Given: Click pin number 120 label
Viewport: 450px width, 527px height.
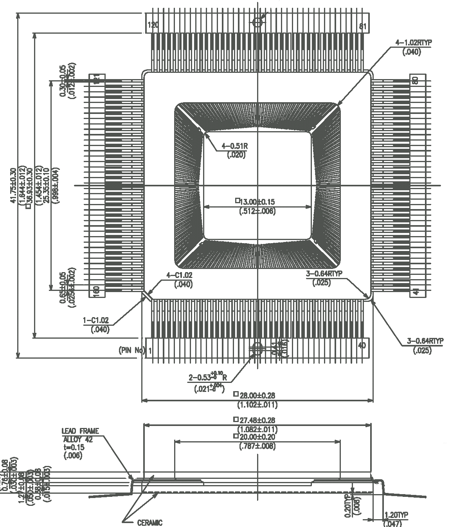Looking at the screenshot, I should coord(153,26).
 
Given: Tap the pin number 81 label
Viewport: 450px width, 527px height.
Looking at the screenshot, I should coord(363,26).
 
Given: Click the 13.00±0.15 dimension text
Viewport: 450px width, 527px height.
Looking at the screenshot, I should coord(257,202).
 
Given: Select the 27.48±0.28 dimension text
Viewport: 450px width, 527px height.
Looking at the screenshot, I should coord(257,421).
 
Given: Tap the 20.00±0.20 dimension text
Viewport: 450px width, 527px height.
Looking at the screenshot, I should coord(257,437).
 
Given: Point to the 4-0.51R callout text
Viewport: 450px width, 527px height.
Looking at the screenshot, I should coord(235,146).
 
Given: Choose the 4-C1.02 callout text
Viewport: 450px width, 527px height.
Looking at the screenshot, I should coord(180,275).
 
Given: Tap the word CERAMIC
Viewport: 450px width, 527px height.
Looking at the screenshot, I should coord(149,522).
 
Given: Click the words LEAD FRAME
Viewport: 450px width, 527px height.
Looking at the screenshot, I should coord(80,431).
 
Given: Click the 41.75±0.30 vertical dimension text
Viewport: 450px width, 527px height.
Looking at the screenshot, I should coord(13,186).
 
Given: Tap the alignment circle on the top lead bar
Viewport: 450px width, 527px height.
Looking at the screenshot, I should coord(257,22).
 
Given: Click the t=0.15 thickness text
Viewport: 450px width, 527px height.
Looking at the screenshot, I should coord(73,447).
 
